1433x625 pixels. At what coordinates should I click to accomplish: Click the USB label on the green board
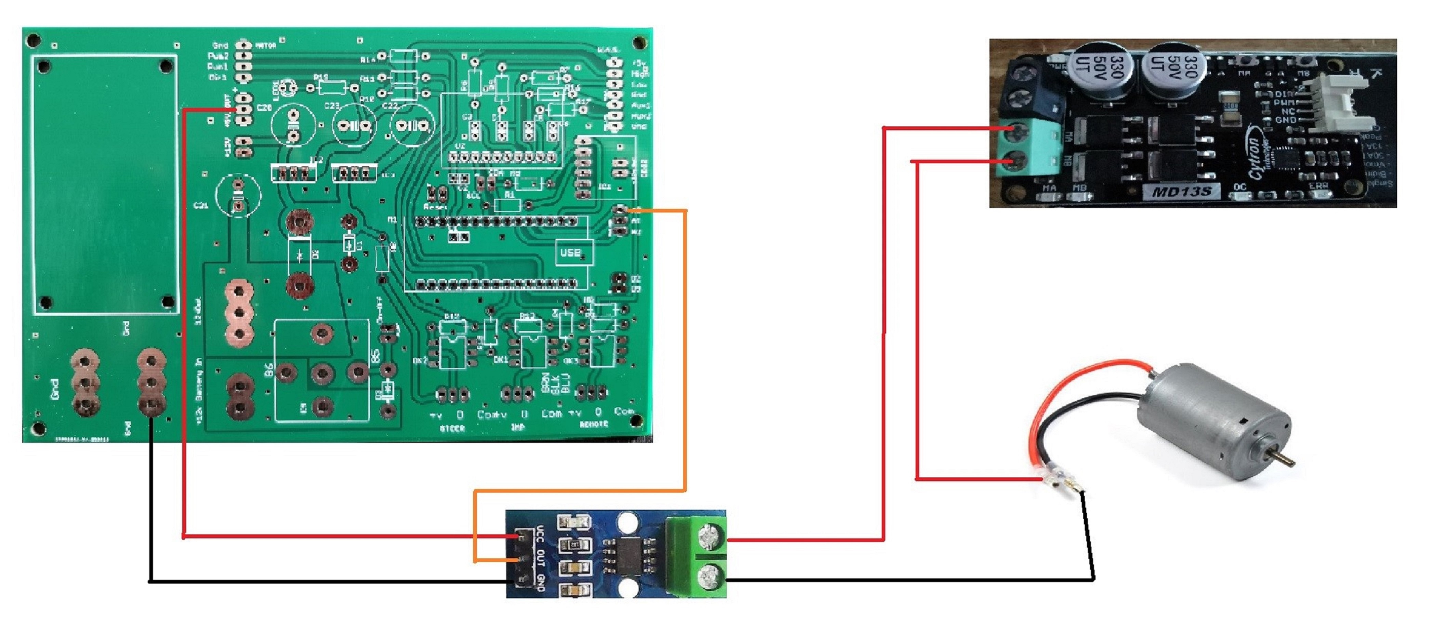point(570,253)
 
